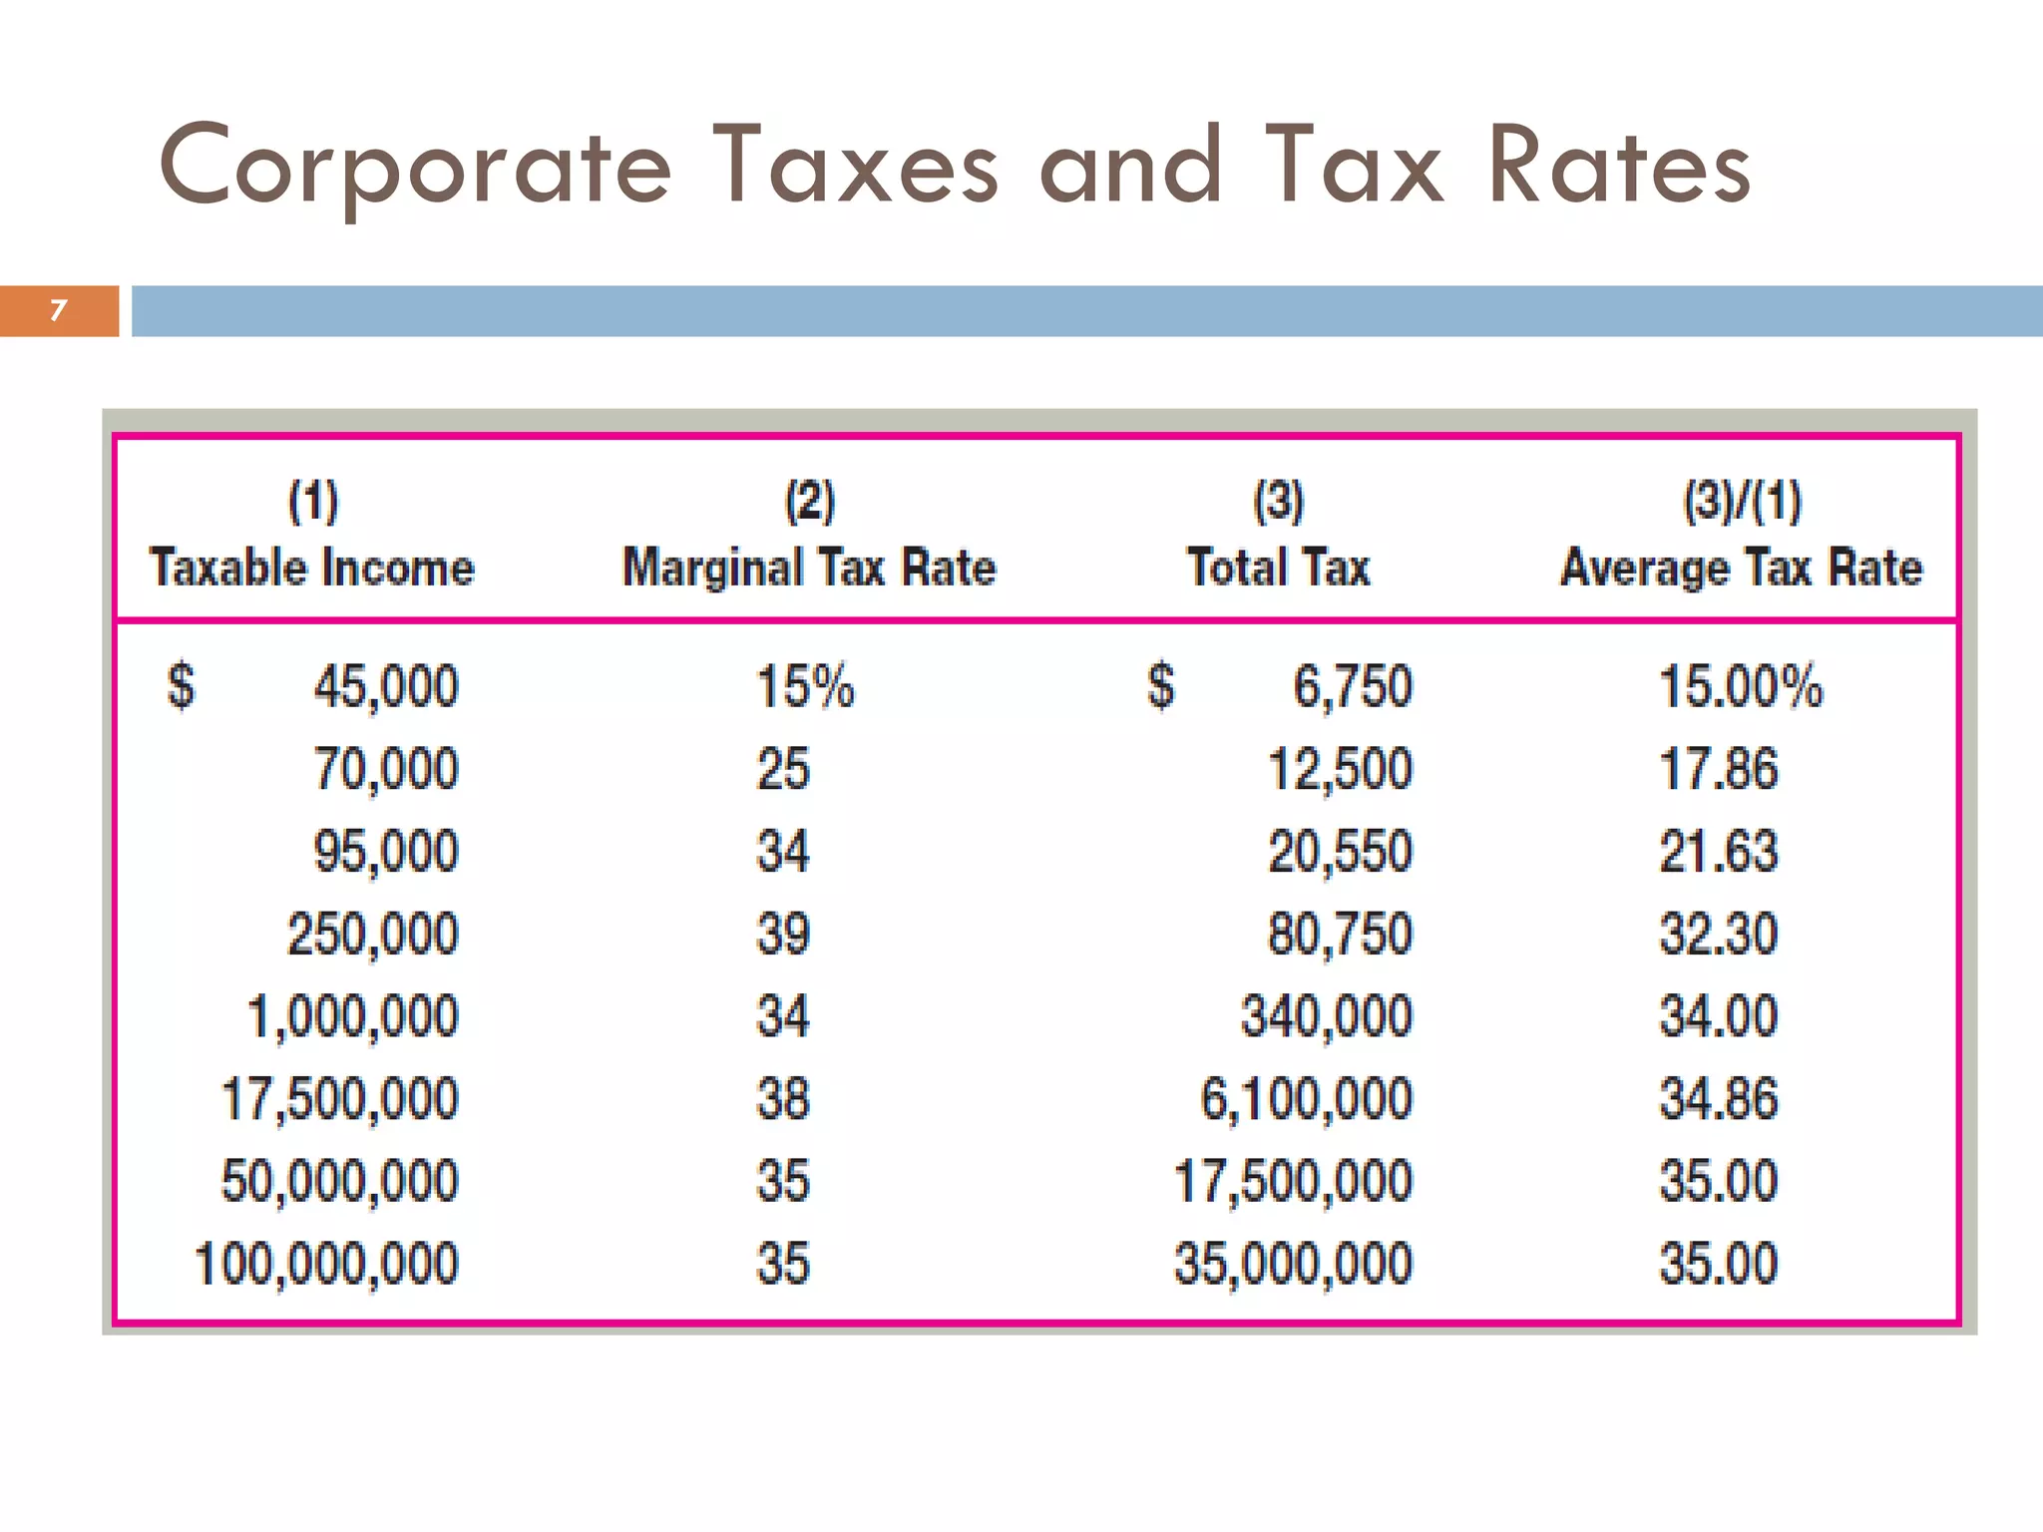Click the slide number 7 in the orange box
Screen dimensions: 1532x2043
coord(58,310)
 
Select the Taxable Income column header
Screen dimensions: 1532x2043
coord(312,568)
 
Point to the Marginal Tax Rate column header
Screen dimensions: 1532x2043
coord(809,568)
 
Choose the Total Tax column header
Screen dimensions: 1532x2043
coord(1279,568)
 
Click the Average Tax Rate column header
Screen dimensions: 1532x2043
coord(1741,568)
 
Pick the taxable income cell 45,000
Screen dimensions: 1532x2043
coord(386,687)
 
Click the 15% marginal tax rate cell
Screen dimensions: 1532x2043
coord(805,687)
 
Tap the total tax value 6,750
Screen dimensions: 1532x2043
coord(1353,687)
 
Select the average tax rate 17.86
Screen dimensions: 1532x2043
coord(1718,770)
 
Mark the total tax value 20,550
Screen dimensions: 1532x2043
coord(1340,852)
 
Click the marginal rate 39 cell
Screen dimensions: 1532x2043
coord(783,935)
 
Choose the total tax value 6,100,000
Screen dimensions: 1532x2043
coord(1306,1099)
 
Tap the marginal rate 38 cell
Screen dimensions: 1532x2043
coord(783,1099)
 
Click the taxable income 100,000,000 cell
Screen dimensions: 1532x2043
coord(326,1264)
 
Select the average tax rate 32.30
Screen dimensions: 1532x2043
coord(1718,935)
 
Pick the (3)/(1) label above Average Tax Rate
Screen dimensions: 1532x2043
coord(1742,501)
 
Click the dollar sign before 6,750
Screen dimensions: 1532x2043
coord(1161,686)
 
